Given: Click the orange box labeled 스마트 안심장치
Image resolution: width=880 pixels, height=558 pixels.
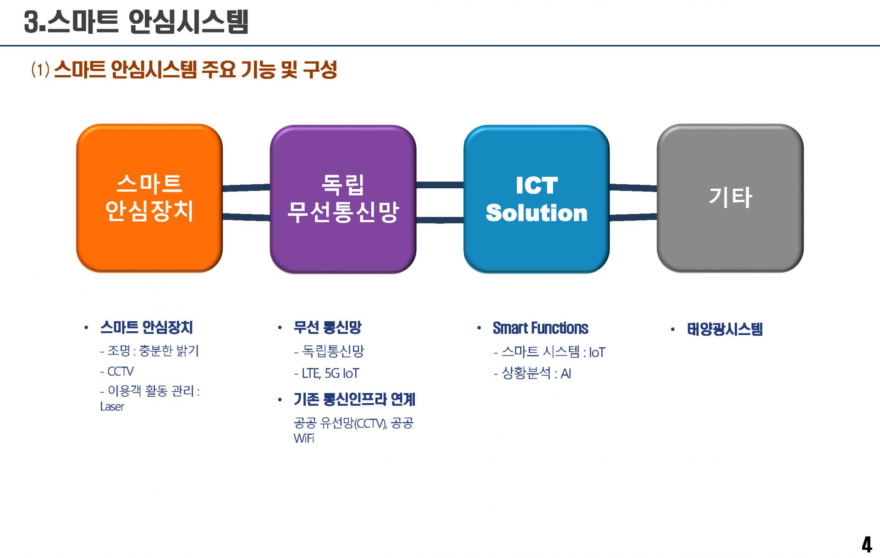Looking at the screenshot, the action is coord(149,198).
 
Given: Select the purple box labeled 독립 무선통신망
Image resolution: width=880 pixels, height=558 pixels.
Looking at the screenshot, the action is coord(343,199).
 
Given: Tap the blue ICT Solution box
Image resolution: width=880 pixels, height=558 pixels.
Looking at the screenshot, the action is coord(536,199).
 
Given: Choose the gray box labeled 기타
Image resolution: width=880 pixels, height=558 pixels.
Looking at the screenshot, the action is coord(730,198).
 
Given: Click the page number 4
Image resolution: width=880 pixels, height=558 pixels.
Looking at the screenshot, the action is coord(866,545).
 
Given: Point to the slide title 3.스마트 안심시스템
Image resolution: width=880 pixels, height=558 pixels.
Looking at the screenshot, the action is coord(136,22).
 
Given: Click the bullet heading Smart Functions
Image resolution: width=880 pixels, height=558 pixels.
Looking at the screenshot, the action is coord(540,328).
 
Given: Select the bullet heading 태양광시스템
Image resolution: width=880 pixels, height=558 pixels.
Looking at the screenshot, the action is coord(725,329).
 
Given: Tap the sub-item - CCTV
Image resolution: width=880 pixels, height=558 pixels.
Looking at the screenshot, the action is coord(117,371).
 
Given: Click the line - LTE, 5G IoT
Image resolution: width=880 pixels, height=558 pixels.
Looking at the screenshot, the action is coord(326,373).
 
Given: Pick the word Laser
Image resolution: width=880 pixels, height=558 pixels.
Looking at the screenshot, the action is coord(112,407).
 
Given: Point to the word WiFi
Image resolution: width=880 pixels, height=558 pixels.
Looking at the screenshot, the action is coord(304,438).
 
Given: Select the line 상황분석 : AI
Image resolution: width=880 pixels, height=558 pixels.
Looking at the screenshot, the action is coord(533,373).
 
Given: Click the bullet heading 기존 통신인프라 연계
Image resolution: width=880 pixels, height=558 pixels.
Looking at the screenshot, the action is coord(354,399).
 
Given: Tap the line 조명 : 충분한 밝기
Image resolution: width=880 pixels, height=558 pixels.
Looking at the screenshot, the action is coord(149,351).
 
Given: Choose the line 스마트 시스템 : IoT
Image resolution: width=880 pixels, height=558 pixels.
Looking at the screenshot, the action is coord(550,352).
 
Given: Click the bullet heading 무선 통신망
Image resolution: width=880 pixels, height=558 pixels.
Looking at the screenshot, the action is coord(328,327).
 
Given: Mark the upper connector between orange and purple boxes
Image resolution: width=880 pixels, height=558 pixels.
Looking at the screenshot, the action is coord(247,187).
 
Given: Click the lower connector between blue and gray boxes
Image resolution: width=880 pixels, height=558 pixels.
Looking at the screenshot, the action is coord(633,217).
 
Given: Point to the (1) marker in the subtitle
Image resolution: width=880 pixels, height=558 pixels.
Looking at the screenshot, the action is coord(40,70).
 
